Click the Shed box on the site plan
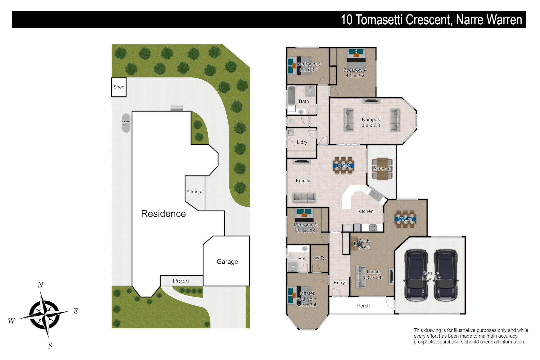pos(119,87)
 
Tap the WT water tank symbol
pos(126,123)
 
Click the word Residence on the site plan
pos(163,214)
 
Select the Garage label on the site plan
pos(227,262)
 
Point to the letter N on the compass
pos(40,285)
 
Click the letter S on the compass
pos(50,346)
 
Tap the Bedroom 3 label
pos(309,64)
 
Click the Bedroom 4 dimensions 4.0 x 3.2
pos(355,76)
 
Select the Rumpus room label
pos(371,120)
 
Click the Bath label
pos(304,101)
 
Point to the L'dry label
pos(302,142)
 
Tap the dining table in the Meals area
pos(343,166)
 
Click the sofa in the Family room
pos(304,198)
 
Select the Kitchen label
pos(365,211)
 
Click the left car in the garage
pos(416,275)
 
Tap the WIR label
pos(319,258)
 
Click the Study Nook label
pos(364,244)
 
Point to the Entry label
pos(339,283)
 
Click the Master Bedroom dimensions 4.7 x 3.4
pos(307,305)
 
